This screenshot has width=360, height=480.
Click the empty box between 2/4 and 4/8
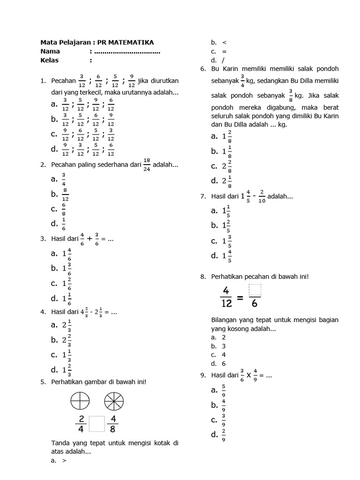click(x=96, y=424)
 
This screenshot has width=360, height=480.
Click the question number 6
click(x=202, y=68)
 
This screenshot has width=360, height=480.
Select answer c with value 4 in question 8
click(x=219, y=355)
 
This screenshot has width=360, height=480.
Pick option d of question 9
click(x=217, y=435)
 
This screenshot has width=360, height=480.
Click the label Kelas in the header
click(x=50, y=60)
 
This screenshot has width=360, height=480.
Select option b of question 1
click(x=82, y=120)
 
